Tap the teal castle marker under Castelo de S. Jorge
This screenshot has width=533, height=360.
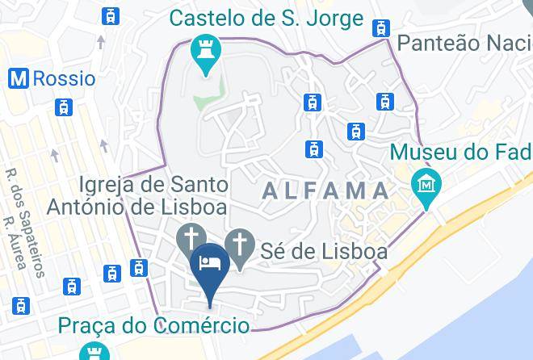pyautogui.click(x=206, y=53)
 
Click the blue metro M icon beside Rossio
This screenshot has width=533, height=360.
pyautogui.click(x=19, y=78)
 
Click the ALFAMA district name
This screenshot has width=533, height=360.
pyautogui.click(x=326, y=191)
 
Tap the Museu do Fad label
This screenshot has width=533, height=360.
pyautogui.click(x=460, y=151)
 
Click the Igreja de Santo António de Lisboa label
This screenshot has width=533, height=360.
pyautogui.click(x=136, y=195)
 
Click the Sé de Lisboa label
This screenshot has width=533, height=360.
pyautogui.click(x=324, y=251)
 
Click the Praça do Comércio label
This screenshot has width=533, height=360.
pyautogui.click(x=153, y=325)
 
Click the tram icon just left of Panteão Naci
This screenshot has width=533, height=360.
pyautogui.click(x=380, y=28)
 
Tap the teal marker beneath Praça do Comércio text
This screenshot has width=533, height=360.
pyautogui.click(x=94, y=352)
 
